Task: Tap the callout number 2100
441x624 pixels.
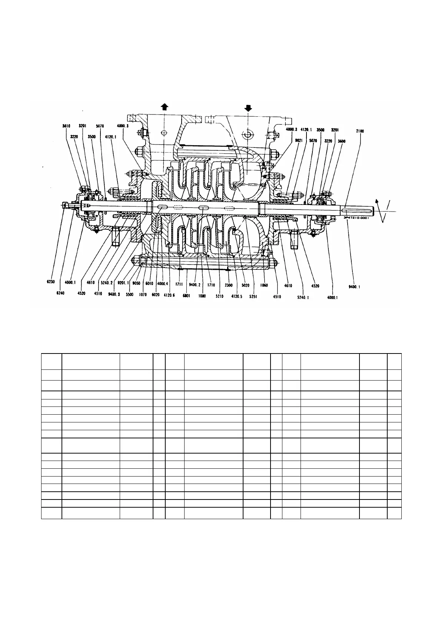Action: tap(359, 131)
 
